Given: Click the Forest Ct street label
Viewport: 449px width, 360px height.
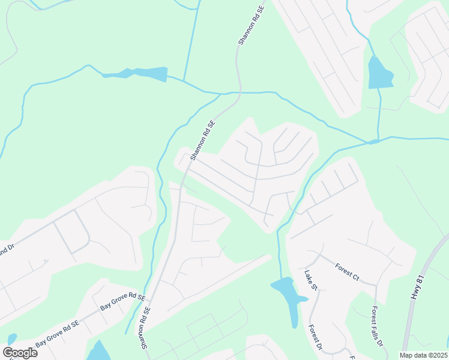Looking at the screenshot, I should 346,272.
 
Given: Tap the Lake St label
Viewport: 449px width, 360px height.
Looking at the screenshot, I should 310,280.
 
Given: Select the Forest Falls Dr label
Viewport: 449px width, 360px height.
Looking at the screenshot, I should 377,326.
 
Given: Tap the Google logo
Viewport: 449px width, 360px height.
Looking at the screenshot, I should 20,352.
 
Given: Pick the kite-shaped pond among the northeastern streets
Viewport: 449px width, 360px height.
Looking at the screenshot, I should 379,74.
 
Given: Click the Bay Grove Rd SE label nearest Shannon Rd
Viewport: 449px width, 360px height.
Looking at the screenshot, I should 122,302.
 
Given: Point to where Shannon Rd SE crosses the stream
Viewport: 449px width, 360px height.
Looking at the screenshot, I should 239,93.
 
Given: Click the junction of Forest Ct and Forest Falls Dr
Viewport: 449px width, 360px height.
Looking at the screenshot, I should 376,284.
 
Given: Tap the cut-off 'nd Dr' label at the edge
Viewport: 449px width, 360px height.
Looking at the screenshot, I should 7,248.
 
